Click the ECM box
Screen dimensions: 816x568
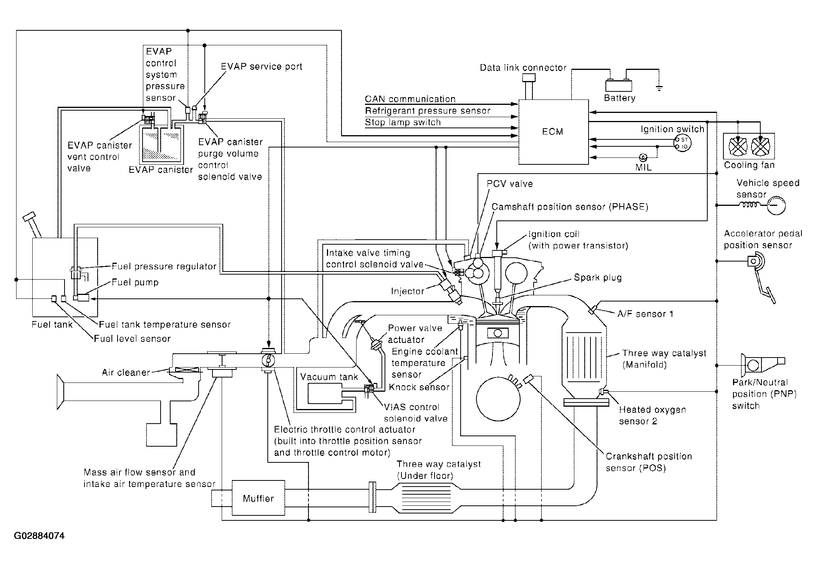click(554, 132)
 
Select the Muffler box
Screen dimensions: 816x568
click(258, 498)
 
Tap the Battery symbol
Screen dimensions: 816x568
click(619, 85)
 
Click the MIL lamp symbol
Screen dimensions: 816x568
click(643, 157)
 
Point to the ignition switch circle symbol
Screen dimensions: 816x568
click(682, 143)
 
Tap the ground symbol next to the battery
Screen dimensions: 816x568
click(659, 89)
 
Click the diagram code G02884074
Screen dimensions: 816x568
click(39, 535)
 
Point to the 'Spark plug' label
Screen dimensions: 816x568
click(598, 277)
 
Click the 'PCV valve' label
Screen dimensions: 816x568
click(510, 184)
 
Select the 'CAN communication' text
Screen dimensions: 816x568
click(410, 99)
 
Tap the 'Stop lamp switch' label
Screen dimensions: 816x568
click(403, 122)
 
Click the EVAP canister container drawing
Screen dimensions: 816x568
click(161, 144)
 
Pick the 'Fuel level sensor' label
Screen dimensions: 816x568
click(132, 338)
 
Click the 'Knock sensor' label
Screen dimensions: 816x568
click(419, 387)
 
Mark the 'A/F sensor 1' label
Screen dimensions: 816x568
click(645, 314)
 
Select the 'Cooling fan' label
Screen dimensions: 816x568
click(749, 165)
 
